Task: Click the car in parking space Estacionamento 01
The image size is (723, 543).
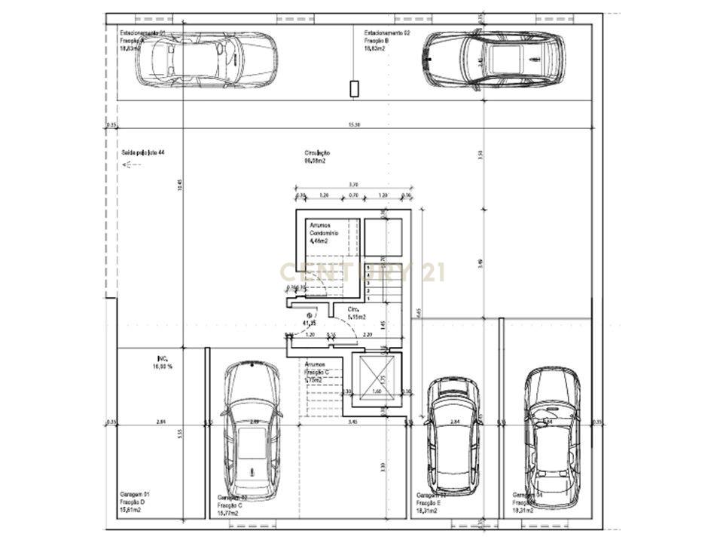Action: click(x=206, y=60)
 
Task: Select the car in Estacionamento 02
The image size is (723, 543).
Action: click(x=494, y=59)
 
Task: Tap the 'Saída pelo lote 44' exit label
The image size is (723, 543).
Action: click(x=142, y=152)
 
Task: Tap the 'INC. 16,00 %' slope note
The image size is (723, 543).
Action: click(x=162, y=363)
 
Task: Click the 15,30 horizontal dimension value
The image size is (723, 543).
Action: click(x=353, y=124)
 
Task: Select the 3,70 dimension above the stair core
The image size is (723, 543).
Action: click(x=353, y=185)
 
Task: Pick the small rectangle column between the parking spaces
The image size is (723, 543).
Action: click(x=354, y=89)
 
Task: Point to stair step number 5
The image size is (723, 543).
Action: click(x=368, y=268)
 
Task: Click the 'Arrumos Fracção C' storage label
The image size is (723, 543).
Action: click(x=317, y=373)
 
